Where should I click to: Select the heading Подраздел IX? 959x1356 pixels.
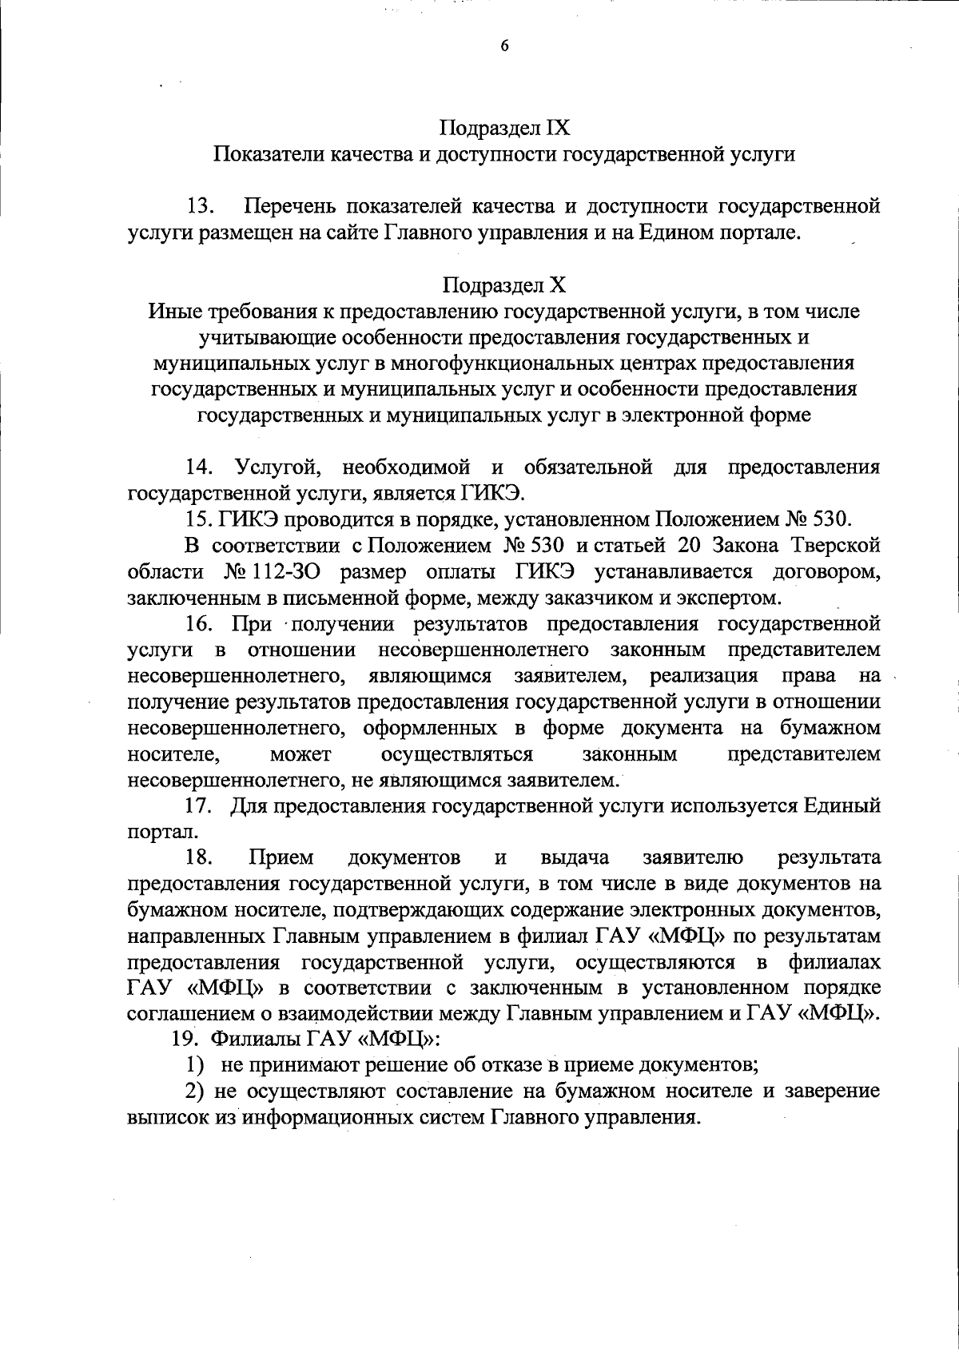click(x=504, y=128)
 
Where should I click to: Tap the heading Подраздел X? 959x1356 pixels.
click(x=504, y=285)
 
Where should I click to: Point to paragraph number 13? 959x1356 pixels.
click(x=200, y=207)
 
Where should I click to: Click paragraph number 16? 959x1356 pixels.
click(x=200, y=623)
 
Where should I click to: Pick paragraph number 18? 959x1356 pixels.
click(x=200, y=857)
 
